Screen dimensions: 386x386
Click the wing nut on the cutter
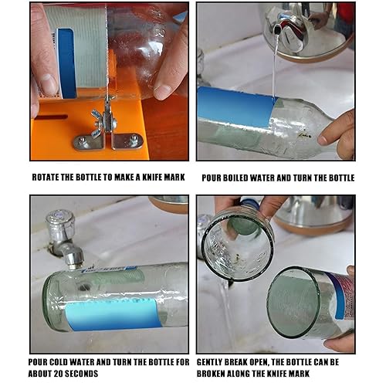(103, 121)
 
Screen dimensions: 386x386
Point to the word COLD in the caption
(59, 362)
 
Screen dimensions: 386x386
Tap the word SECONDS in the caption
(82, 374)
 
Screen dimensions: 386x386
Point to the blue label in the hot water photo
(235, 106)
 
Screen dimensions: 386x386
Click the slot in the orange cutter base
(52, 117)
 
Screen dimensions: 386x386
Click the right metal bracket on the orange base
(128, 141)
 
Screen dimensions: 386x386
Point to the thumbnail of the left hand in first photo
(48, 84)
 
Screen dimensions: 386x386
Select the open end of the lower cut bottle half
(294, 303)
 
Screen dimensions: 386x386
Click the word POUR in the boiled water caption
(212, 178)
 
